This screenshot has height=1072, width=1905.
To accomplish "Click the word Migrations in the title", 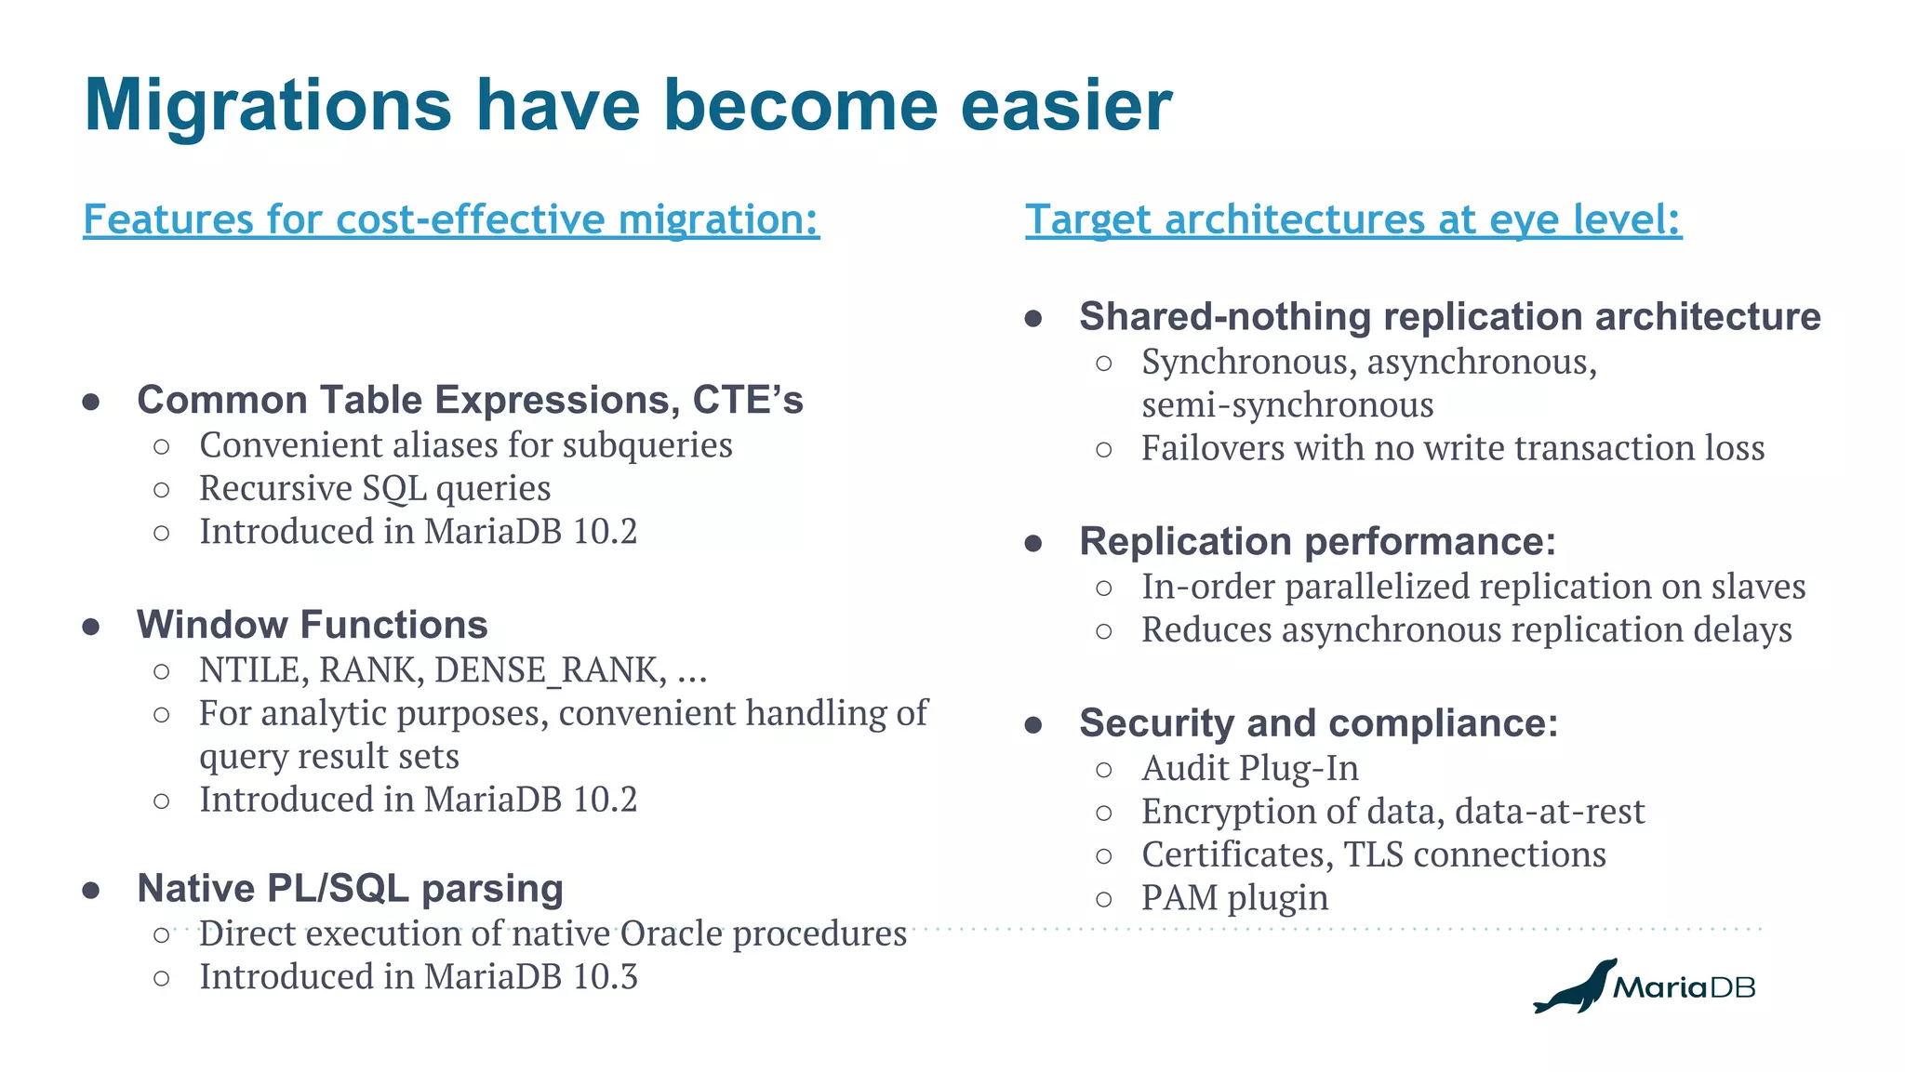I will tap(268, 105).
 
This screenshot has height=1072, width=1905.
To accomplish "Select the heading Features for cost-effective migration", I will tap(451, 220).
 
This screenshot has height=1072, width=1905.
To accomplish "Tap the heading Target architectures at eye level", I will tap(1352, 220).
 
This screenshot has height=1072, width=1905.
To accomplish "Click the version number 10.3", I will tap(606, 977).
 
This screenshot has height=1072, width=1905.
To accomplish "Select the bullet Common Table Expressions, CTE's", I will tap(470, 400).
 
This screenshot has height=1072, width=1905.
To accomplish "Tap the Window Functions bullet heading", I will tap(312, 625).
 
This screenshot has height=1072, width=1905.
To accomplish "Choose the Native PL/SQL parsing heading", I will tap(350, 889).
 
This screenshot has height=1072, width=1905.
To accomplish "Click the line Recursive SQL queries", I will tap(375, 488).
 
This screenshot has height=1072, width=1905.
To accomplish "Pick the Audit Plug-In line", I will tap(1249, 769).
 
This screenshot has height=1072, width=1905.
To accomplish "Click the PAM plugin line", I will tap(1234, 898).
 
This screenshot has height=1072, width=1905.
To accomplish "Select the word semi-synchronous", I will tap(1287, 405).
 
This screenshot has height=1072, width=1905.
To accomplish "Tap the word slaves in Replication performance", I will tap(1758, 587).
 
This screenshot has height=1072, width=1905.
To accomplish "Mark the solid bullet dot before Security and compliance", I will tap(1032, 725).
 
